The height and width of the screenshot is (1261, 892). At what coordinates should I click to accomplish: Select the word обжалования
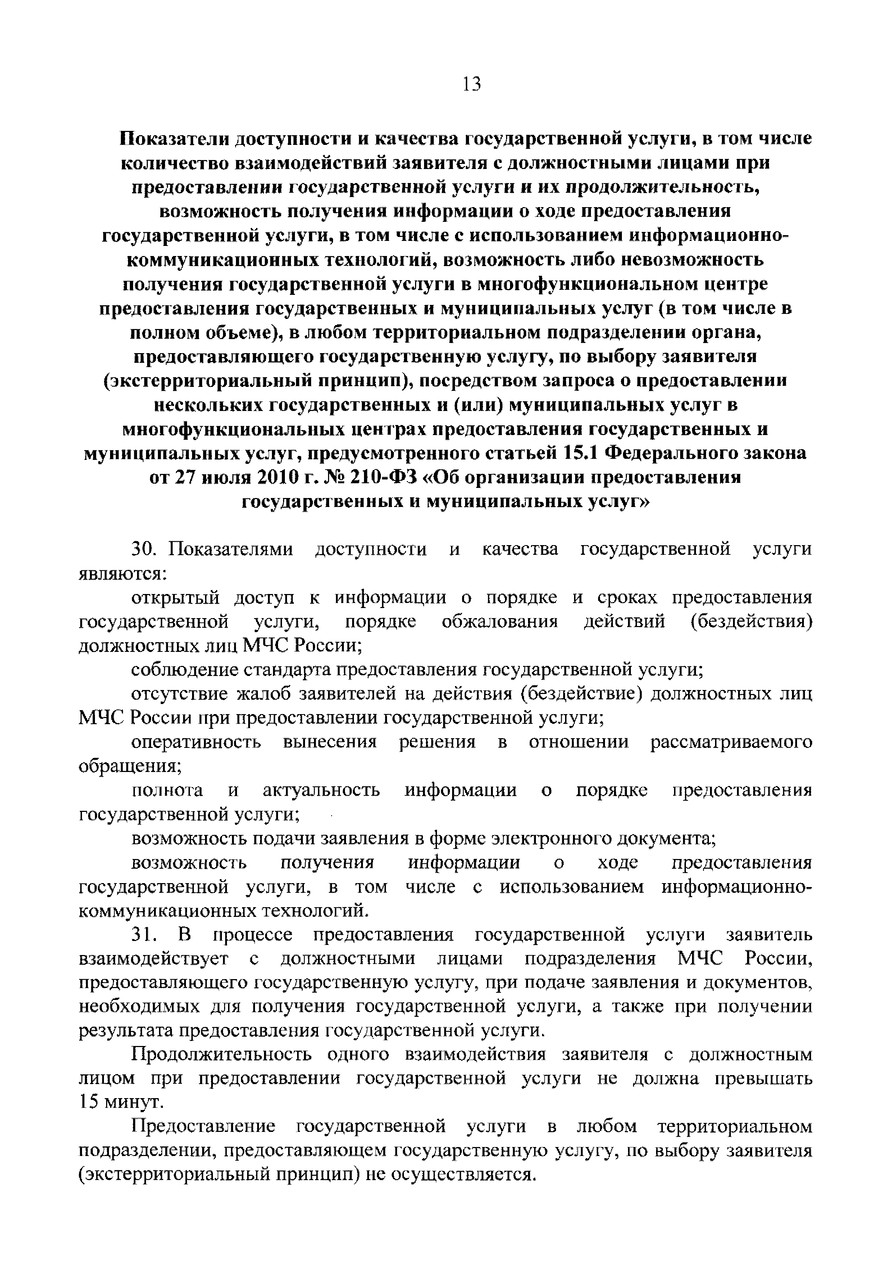pos(500,622)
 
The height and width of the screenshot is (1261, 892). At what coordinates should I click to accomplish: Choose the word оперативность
pos(196,743)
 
